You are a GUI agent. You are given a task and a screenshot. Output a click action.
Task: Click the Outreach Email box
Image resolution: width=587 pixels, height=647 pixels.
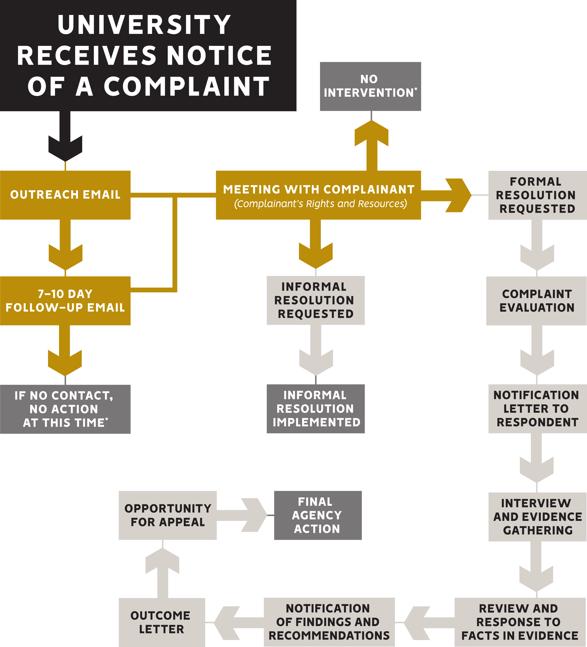65,195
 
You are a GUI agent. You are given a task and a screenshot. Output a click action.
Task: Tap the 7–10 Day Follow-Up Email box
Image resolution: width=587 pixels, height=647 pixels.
65,301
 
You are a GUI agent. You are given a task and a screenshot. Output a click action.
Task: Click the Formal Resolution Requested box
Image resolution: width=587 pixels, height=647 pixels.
537,195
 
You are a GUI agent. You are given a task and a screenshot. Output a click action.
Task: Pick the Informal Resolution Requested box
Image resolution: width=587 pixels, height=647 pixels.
316,300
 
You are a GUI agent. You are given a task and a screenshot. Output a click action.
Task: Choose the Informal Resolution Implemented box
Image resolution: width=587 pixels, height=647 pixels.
316,409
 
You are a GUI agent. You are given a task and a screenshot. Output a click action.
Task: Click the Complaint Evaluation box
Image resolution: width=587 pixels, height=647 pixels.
536,301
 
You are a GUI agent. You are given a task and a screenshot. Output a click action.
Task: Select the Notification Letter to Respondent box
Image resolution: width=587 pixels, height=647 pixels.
537,409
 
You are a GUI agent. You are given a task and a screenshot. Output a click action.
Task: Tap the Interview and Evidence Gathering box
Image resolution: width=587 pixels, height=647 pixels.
537,517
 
